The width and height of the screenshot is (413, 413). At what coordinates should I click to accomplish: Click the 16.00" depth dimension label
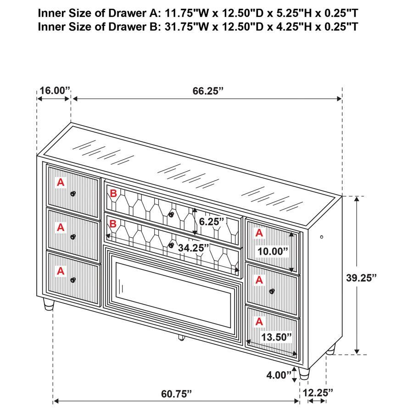tap(53, 90)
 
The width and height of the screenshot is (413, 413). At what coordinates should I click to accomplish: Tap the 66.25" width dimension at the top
tap(207, 90)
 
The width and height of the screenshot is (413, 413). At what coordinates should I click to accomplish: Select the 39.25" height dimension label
tap(361, 277)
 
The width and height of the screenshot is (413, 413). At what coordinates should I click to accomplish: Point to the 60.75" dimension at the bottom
tap(176, 393)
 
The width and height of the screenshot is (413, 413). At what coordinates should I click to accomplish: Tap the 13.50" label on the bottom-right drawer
tap(276, 337)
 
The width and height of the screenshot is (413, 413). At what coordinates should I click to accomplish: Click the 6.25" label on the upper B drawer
tap(212, 221)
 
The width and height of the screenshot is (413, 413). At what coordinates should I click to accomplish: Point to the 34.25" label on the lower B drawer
tap(193, 248)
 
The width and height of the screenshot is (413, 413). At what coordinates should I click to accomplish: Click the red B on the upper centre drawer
tap(113, 195)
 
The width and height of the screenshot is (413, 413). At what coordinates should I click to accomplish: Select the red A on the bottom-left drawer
tap(61, 271)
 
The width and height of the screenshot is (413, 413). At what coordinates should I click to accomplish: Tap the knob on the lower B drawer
tap(171, 246)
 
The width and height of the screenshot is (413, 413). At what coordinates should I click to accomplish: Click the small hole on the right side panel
tap(321, 237)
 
